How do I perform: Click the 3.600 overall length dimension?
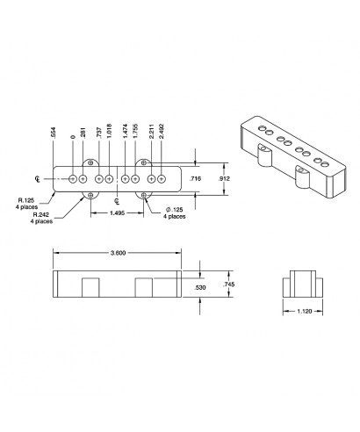[118, 253]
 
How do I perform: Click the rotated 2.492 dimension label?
[162, 134]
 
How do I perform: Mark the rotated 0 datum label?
[72, 139]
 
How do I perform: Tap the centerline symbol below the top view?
[117, 201]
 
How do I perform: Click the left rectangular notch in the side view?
[90, 287]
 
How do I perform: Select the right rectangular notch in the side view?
[146, 287]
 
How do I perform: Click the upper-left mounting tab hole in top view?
[90, 163]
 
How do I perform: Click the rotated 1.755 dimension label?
[135, 134]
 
